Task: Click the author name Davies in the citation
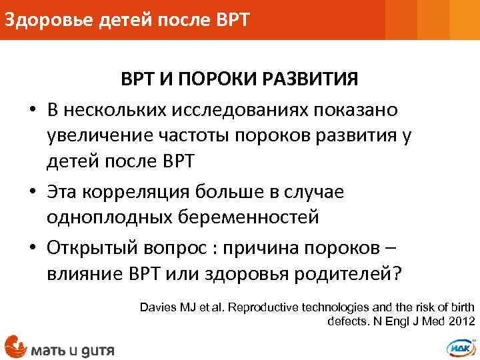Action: pos(158,307)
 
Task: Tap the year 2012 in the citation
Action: pos(461,321)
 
